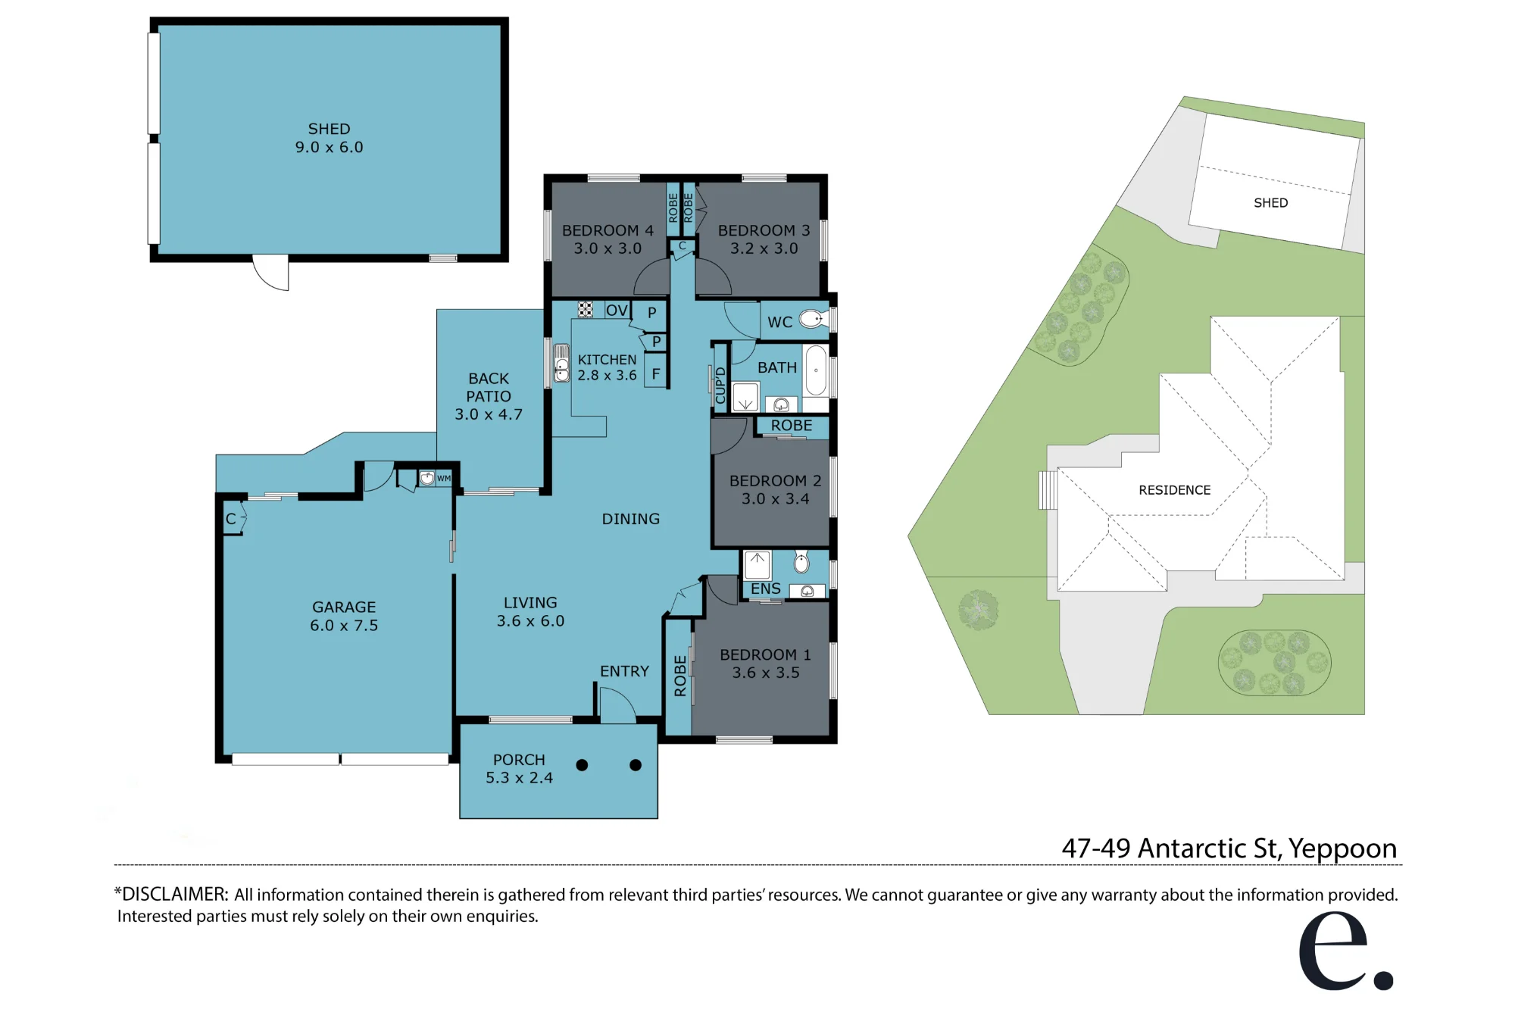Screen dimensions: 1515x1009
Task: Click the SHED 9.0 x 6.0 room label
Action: click(330, 138)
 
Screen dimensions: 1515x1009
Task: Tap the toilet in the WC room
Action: click(811, 319)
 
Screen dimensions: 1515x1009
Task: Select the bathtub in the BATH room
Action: click(816, 370)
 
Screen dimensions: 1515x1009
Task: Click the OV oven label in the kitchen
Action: click(617, 310)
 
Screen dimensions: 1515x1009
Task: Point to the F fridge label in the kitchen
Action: click(656, 374)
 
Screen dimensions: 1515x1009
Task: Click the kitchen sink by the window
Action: click(561, 364)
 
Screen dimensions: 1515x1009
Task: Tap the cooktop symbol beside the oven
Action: click(585, 309)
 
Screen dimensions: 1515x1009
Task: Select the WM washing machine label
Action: click(444, 478)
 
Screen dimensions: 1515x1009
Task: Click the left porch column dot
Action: click(582, 765)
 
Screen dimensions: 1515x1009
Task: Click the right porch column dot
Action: click(636, 765)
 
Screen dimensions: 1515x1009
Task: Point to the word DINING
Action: click(631, 519)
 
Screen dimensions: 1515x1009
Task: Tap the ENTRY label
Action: click(624, 671)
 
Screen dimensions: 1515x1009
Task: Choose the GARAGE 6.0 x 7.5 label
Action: click(344, 616)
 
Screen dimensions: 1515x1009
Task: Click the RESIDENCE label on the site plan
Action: click(1175, 490)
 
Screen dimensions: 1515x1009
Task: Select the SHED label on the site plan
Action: click(1271, 203)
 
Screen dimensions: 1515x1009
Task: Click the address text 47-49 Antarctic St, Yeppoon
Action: click(1229, 848)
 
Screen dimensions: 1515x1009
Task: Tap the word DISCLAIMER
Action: click(174, 894)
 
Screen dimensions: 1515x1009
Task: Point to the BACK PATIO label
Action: click(489, 396)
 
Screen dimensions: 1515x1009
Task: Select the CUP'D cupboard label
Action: click(720, 385)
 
